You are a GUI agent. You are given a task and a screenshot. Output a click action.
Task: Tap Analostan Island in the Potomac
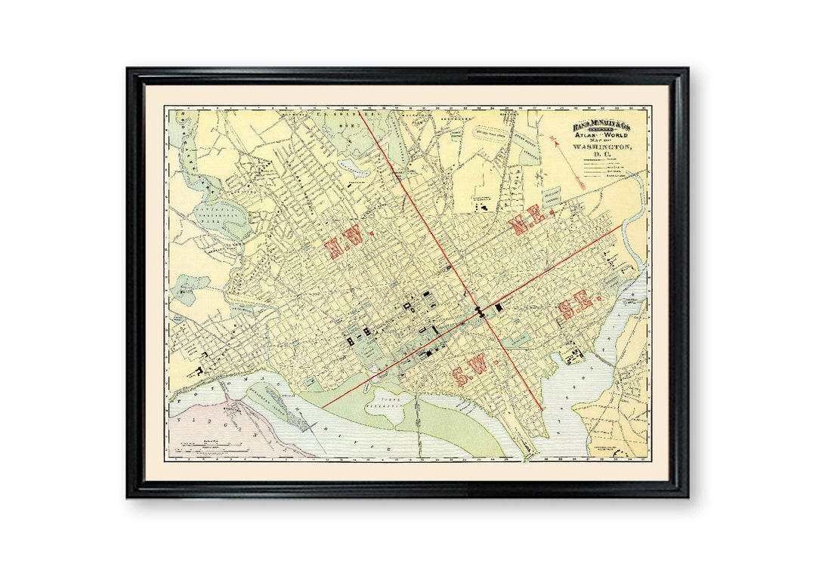coord(276,399)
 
